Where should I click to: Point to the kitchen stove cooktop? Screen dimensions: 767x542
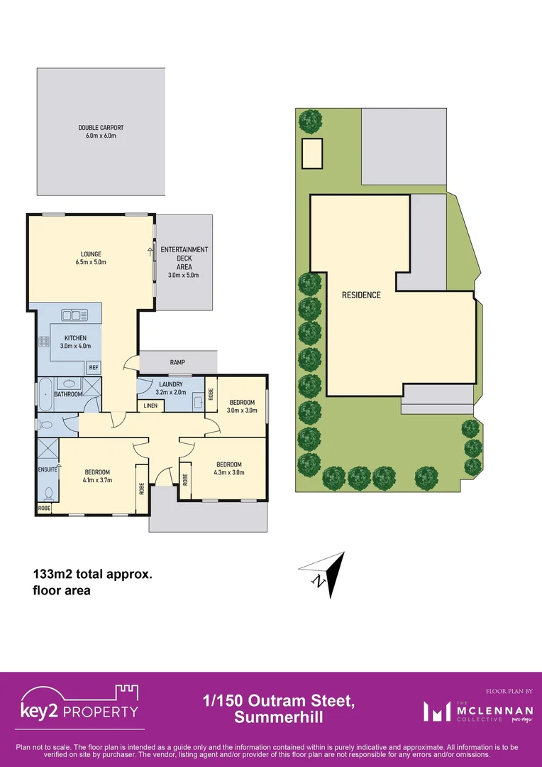click(x=44, y=341)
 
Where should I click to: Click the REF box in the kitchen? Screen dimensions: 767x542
click(x=93, y=367)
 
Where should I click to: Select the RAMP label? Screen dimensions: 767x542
click(x=177, y=363)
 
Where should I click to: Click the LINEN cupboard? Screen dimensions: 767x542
click(x=150, y=406)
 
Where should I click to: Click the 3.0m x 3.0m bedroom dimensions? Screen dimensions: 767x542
click(x=241, y=410)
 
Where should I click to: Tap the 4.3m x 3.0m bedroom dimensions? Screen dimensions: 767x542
click(x=229, y=472)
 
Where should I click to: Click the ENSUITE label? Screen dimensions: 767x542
click(x=47, y=469)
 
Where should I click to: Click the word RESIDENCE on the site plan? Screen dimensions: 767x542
click(x=361, y=295)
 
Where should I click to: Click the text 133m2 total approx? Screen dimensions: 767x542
click(x=92, y=575)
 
